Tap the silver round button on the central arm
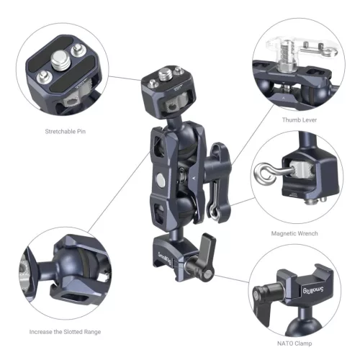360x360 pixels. coord(158,177)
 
